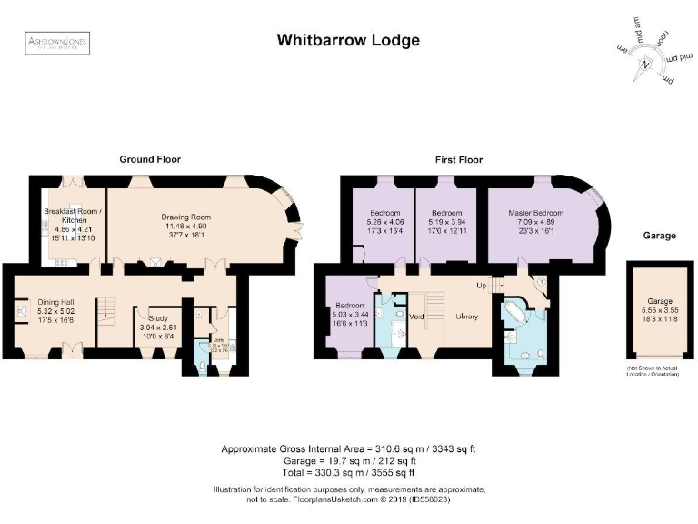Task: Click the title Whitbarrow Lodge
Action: tap(348, 41)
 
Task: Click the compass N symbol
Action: tap(644, 64)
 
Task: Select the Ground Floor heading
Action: tap(150, 159)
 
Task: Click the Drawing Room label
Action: tap(186, 217)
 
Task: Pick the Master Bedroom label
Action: tap(536, 213)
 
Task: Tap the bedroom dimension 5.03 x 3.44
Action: tap(350, 314)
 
